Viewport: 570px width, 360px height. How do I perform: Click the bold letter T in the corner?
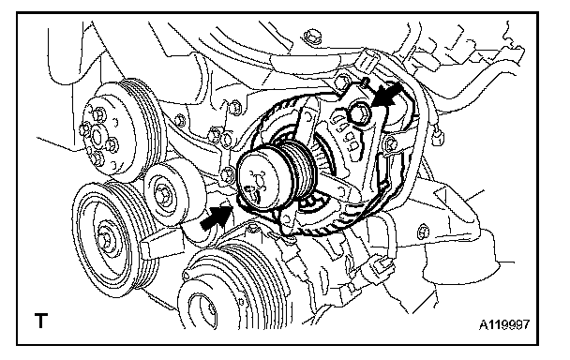[x=41, y=321]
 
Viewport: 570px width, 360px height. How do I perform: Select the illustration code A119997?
[x=504, y=324]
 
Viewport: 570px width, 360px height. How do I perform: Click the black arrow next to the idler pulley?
[x=216, y=217]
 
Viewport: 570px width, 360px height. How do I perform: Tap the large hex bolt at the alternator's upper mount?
[x=359, y=112]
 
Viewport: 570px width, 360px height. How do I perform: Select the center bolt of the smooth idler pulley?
[x=161, y=193]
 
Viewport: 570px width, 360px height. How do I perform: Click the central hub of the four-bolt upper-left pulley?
[x=97, y=136]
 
